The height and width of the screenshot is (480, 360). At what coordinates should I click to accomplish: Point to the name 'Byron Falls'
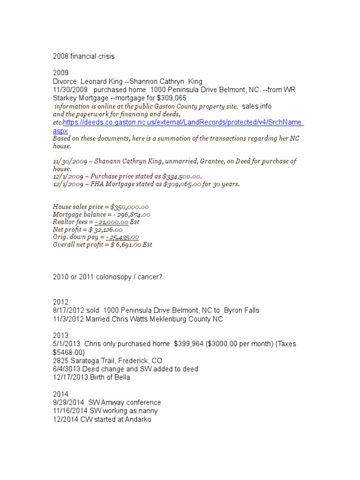(x=241, y=311)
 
